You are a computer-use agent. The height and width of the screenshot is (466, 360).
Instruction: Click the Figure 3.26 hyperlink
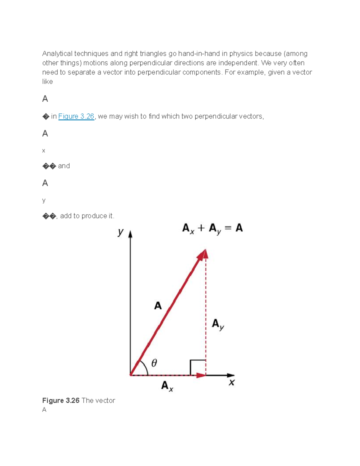click(x=76, y=116)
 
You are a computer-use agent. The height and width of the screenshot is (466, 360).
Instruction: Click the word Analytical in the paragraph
click(x=57, y=54)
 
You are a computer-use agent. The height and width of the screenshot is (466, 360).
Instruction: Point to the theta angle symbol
click(x=154, y=363)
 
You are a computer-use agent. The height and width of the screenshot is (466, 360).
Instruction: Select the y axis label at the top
click(x=121, y=232)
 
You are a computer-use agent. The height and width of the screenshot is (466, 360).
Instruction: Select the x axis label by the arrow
click(x=232, y=383)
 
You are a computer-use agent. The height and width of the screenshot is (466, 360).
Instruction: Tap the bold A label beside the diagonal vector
click(x=158, y=306)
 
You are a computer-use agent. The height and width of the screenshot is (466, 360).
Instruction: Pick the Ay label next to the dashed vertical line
click(x=217, y=324)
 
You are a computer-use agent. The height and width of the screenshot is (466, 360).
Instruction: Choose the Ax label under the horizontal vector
click(x=167, y=386)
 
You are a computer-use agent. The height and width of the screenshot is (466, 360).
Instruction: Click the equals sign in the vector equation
click(x=228, y=228)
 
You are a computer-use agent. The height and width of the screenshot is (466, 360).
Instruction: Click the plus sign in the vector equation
click(x=201, y=228)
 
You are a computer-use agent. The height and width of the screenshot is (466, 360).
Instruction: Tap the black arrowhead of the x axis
click(x=231, y=375)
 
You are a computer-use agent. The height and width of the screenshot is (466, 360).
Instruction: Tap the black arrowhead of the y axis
click(x=130, y=234)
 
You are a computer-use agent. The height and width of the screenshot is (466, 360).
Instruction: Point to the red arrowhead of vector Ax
click(x=201, y=375)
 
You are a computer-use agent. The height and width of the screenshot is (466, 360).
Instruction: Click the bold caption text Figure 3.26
click(x=61, y=401)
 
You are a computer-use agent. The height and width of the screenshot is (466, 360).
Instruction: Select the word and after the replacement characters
click(x=64, y=166)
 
